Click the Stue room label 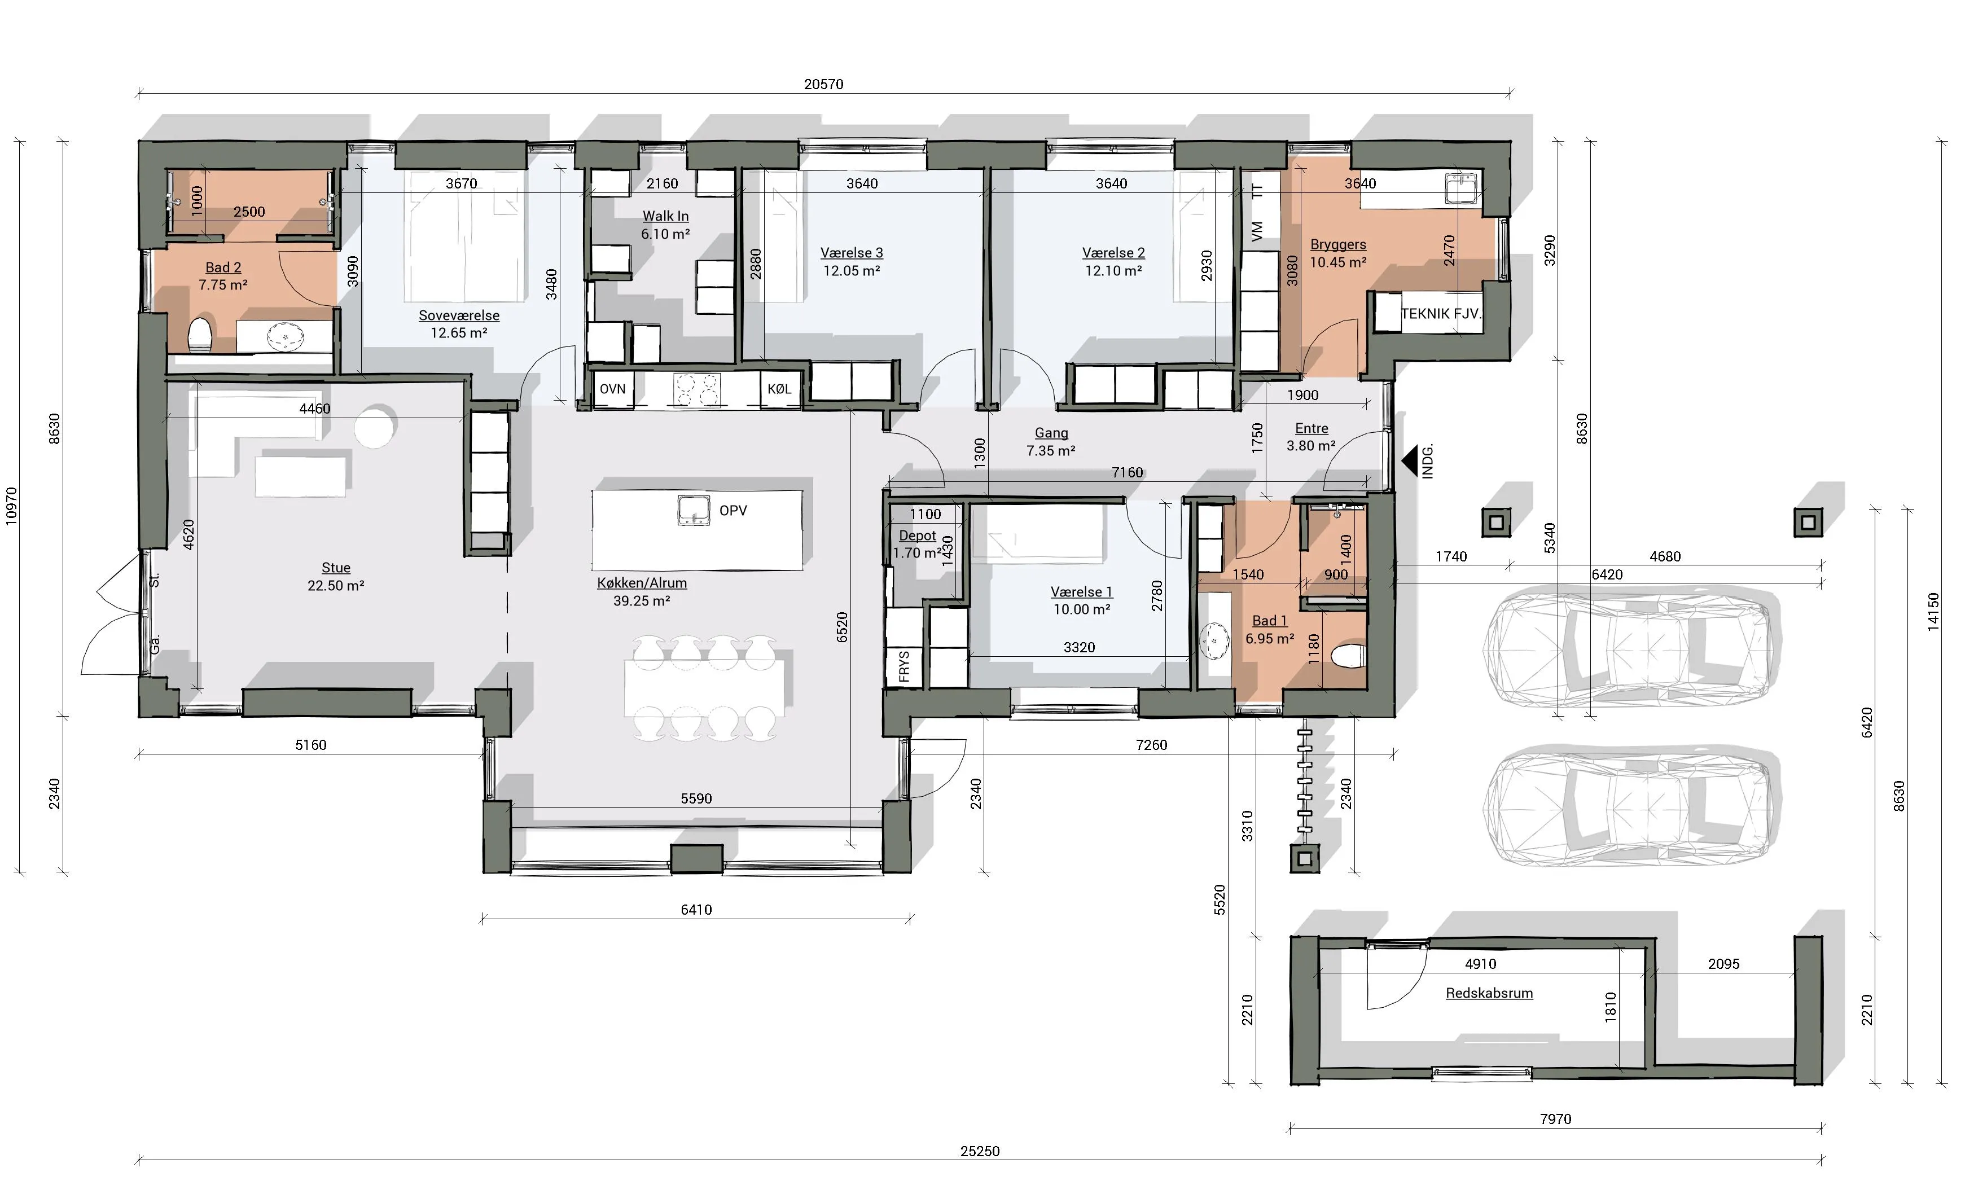click(x=336, y=568)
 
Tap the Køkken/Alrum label click(x=642, y=583)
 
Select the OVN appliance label click(x=612, y=389)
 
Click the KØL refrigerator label click(x=779, y=389)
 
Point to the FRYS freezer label click(x=903, y=666)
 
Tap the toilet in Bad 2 click(x=199, y=335)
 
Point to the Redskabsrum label click(x=1489, y=993)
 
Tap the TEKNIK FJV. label click(x=1440, y=314)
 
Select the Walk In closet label click(x=666, y=216)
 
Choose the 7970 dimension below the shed click(x=1555, y=1119)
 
